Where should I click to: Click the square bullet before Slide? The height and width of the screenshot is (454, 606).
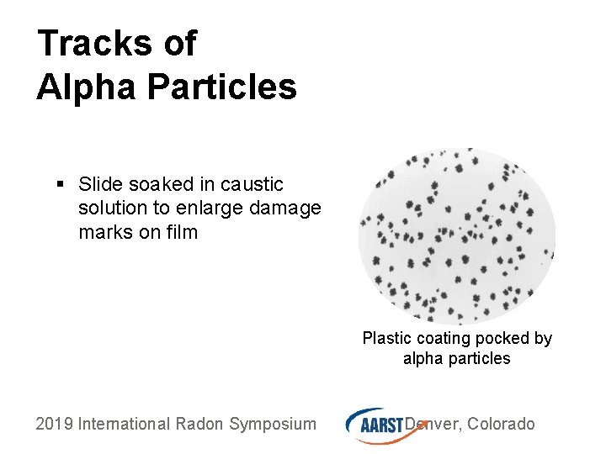[61, 184]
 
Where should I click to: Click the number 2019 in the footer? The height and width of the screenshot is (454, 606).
[54, 424]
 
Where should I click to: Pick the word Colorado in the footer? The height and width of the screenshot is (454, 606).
[501, 424]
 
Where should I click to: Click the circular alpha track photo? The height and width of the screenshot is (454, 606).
[457, 236]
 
